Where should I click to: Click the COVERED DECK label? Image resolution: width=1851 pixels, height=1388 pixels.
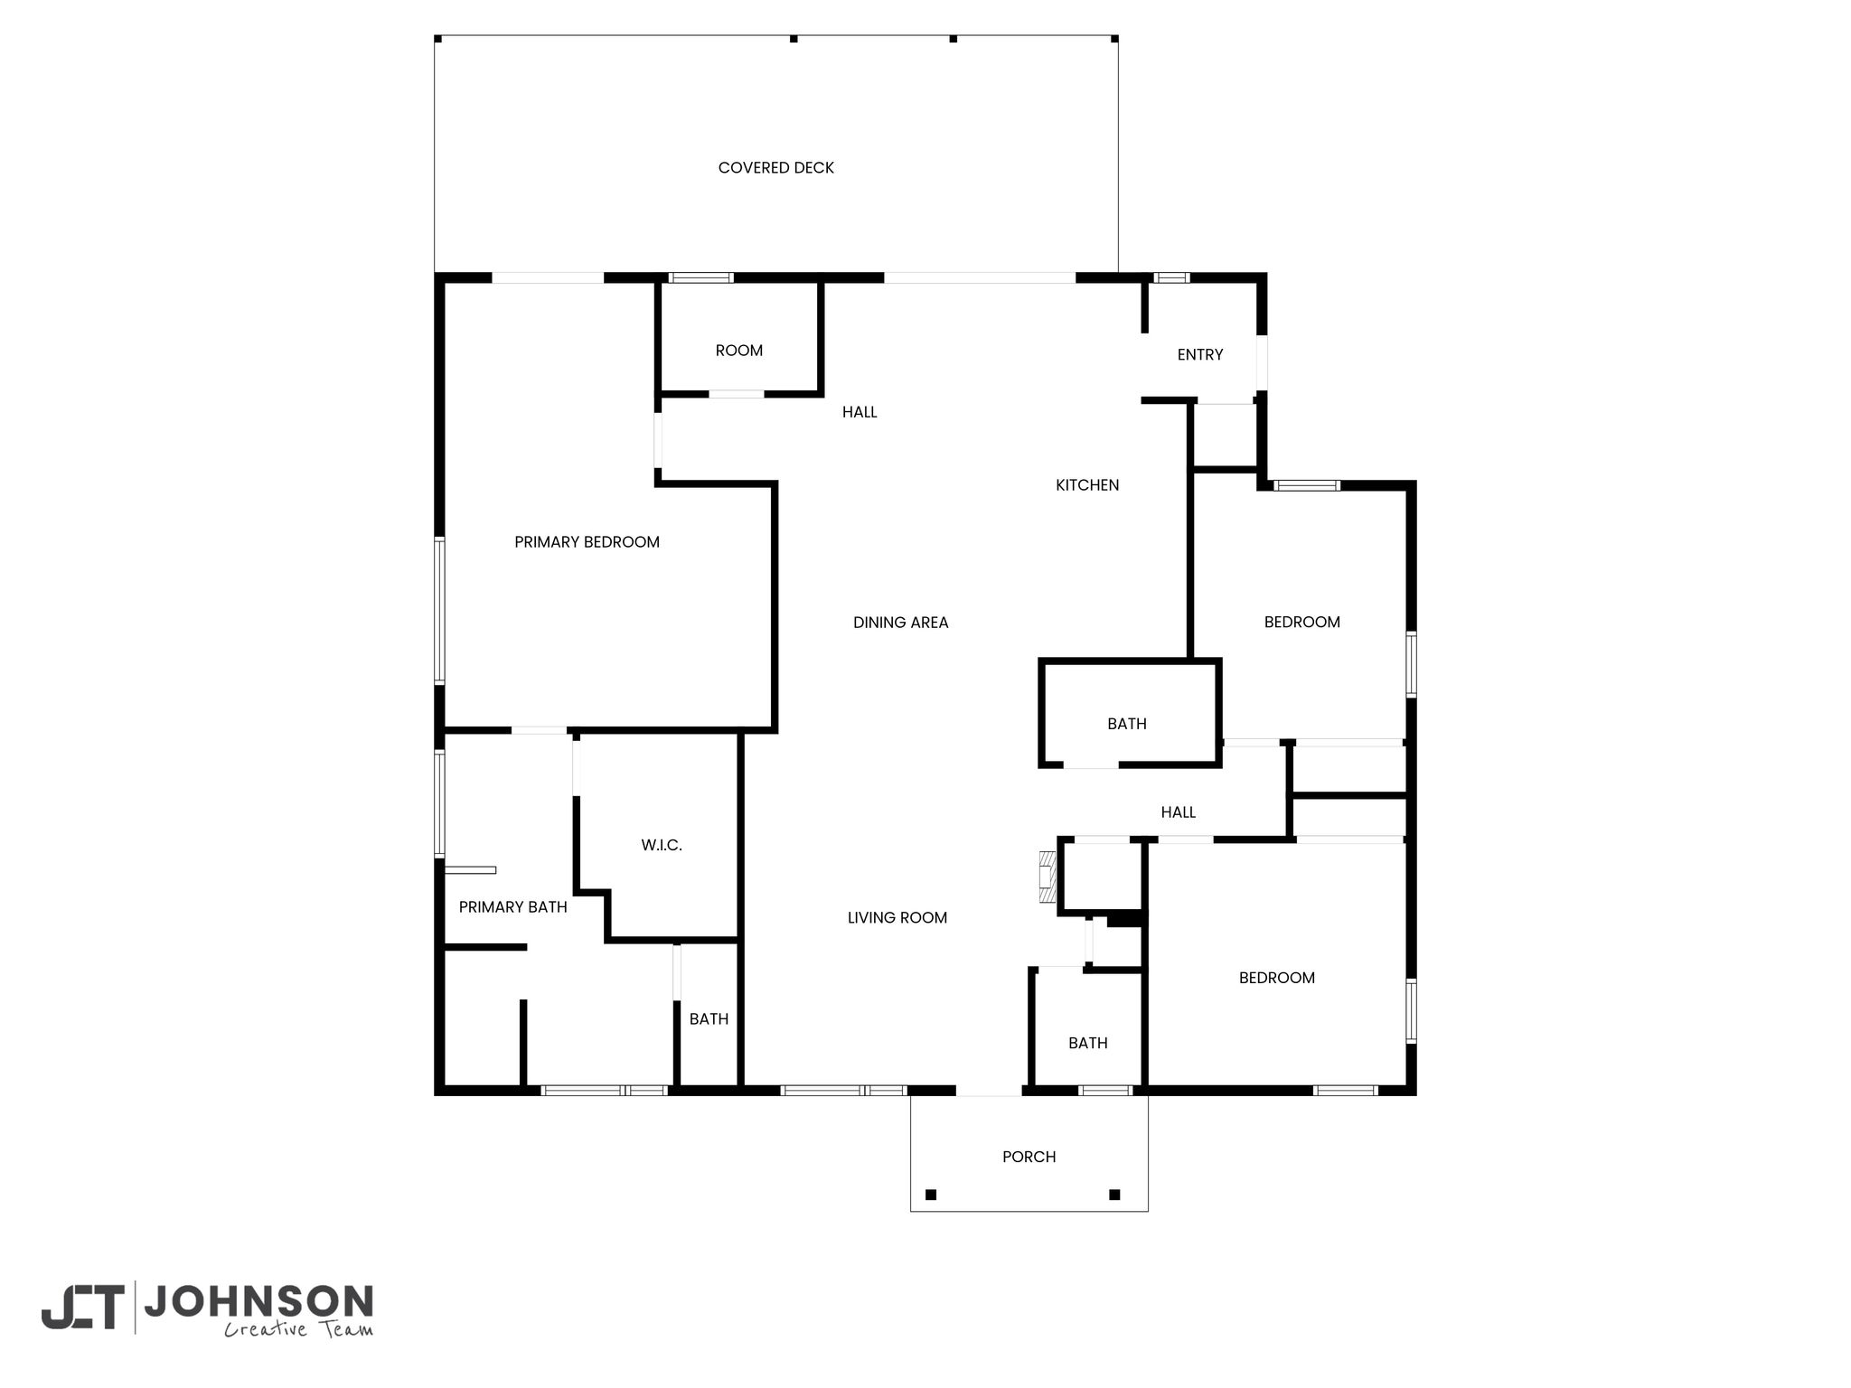coord(775,168)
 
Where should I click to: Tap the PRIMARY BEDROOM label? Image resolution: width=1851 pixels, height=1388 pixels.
coord(587,542)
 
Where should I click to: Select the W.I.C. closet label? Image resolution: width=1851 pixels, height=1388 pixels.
coord(662,846)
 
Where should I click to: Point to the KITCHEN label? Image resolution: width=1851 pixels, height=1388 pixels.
coord(1087,485)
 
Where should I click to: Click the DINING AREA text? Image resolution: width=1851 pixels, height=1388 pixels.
coord(900,623)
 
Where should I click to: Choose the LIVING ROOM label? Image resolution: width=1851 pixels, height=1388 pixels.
coord(897,918)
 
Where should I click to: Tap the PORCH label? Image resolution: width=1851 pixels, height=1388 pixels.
coord(1029,1157)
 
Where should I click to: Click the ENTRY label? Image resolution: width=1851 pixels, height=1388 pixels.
coord(1200,355)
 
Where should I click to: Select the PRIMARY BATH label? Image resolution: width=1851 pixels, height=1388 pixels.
coord(512,907)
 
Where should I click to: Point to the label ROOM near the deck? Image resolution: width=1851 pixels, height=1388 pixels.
coord(739,351)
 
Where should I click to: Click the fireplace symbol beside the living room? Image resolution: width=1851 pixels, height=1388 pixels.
coord(1048,877)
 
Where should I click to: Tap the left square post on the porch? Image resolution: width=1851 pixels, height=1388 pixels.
coord(931,1195)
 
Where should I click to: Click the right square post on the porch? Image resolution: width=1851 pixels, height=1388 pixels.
coord(1114,1195)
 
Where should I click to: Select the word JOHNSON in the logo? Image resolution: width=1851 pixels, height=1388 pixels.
coord(258,1302)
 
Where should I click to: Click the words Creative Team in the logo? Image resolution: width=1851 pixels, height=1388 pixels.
coord(298,1329)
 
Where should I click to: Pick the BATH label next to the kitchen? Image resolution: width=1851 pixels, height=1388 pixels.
coord(1127,724)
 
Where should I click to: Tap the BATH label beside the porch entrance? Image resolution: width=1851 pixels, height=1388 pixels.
coord(1088,1044)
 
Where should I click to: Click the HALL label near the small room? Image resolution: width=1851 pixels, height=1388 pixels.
coord(860,412)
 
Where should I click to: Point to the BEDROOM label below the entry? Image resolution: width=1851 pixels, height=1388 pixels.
coord(1301,623)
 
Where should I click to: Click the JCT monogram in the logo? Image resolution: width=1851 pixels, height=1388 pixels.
coord(83,1307)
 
